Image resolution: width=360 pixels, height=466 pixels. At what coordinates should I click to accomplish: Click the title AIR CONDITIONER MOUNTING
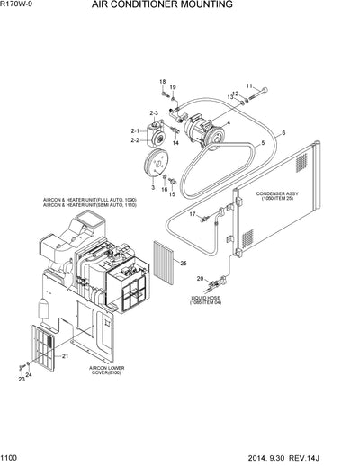[x=186, y=5]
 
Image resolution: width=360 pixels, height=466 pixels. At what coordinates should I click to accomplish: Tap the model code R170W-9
[x=20, y=5]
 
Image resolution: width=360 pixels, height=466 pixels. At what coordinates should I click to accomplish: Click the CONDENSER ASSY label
[x=282, y=193]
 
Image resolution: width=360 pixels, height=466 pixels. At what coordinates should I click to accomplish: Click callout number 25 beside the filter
[x=182, y=264]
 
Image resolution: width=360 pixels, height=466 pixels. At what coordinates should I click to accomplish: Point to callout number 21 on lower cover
[x=65, y=357]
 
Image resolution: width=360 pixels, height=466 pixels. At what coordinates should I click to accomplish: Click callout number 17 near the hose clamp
[x=192, y=213]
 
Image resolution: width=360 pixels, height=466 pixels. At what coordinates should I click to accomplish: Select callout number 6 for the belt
[x=283, y=132]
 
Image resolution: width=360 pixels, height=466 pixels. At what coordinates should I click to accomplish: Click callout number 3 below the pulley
[x=153, y=188]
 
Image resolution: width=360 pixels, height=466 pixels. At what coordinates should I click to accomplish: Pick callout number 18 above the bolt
[x=163, y=81]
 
